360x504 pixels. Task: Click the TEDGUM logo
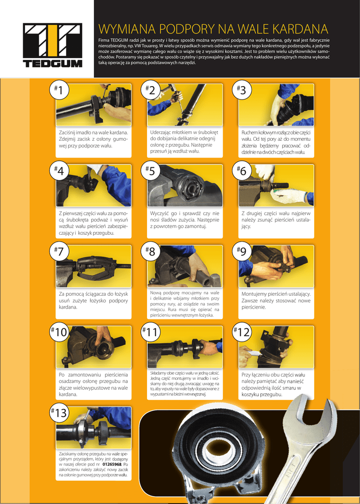click(53, 45)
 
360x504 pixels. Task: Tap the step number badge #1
click(59, 90)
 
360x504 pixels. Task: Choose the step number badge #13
click(59, 412)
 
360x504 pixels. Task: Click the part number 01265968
click(112, 465)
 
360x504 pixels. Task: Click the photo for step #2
click(185, 105)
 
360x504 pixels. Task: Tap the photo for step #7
click(94, 266)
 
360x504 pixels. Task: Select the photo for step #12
click(276, 347)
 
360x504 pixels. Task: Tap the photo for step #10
click(94, 347)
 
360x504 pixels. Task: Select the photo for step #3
click(276, 105)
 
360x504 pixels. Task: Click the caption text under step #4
click(93, 223)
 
